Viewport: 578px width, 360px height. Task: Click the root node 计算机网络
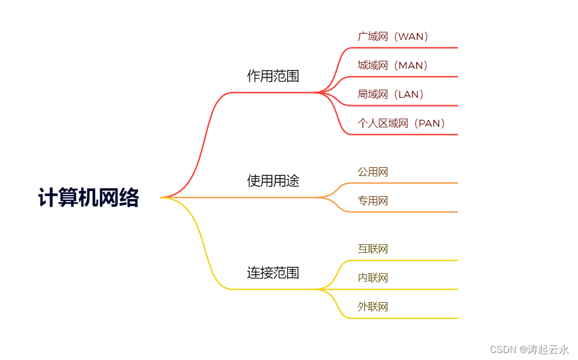(89, 198)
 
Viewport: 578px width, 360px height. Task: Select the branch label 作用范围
(273, 76)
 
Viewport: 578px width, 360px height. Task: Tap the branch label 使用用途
(273, 181)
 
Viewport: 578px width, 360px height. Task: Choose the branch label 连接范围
(273, 273)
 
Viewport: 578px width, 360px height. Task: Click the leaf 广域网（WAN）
(393, 36)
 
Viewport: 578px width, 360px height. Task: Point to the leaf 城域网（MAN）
(393, 65)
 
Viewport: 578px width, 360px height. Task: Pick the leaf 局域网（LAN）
(391, 94)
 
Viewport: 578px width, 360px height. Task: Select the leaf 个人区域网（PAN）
(401, 123)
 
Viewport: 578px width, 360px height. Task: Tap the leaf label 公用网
(372, 172)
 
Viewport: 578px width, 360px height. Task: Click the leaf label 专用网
(372, 201)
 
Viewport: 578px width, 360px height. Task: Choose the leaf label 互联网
(372, 249)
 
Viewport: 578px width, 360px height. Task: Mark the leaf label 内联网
(372, 278)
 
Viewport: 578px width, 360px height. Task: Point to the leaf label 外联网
(372, 307)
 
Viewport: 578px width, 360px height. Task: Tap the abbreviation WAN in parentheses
(412, 36)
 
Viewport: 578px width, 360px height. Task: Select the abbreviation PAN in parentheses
(429, 123)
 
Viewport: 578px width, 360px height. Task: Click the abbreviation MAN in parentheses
(412, 65)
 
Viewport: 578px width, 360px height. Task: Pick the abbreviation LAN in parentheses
(408, 94)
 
